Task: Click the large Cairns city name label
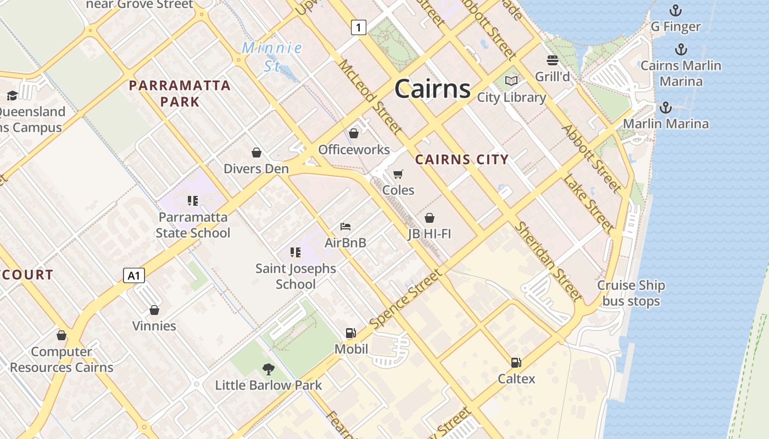[432, 89]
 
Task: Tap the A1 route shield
[134, 275]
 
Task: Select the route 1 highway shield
[358, 27]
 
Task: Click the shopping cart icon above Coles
[398, 174]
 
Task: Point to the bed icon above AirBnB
[346, 226]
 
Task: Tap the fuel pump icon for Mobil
[350, 333]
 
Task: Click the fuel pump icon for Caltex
[516, 362]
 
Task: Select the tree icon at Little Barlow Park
[268, 369]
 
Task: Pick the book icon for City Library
[511, 81]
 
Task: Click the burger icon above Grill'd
[552, 60]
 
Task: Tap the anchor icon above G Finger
[675, 10]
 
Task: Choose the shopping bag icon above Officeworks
[354, 133]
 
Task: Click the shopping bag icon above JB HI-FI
[430, 218]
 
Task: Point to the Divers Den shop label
[256, 168]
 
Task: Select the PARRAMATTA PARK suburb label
[180, 93]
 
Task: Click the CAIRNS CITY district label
[462, 160]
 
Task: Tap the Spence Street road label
[405, 300]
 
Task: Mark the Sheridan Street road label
[547, 262]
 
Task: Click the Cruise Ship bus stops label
[631, 293]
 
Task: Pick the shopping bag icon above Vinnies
[154, 310]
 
